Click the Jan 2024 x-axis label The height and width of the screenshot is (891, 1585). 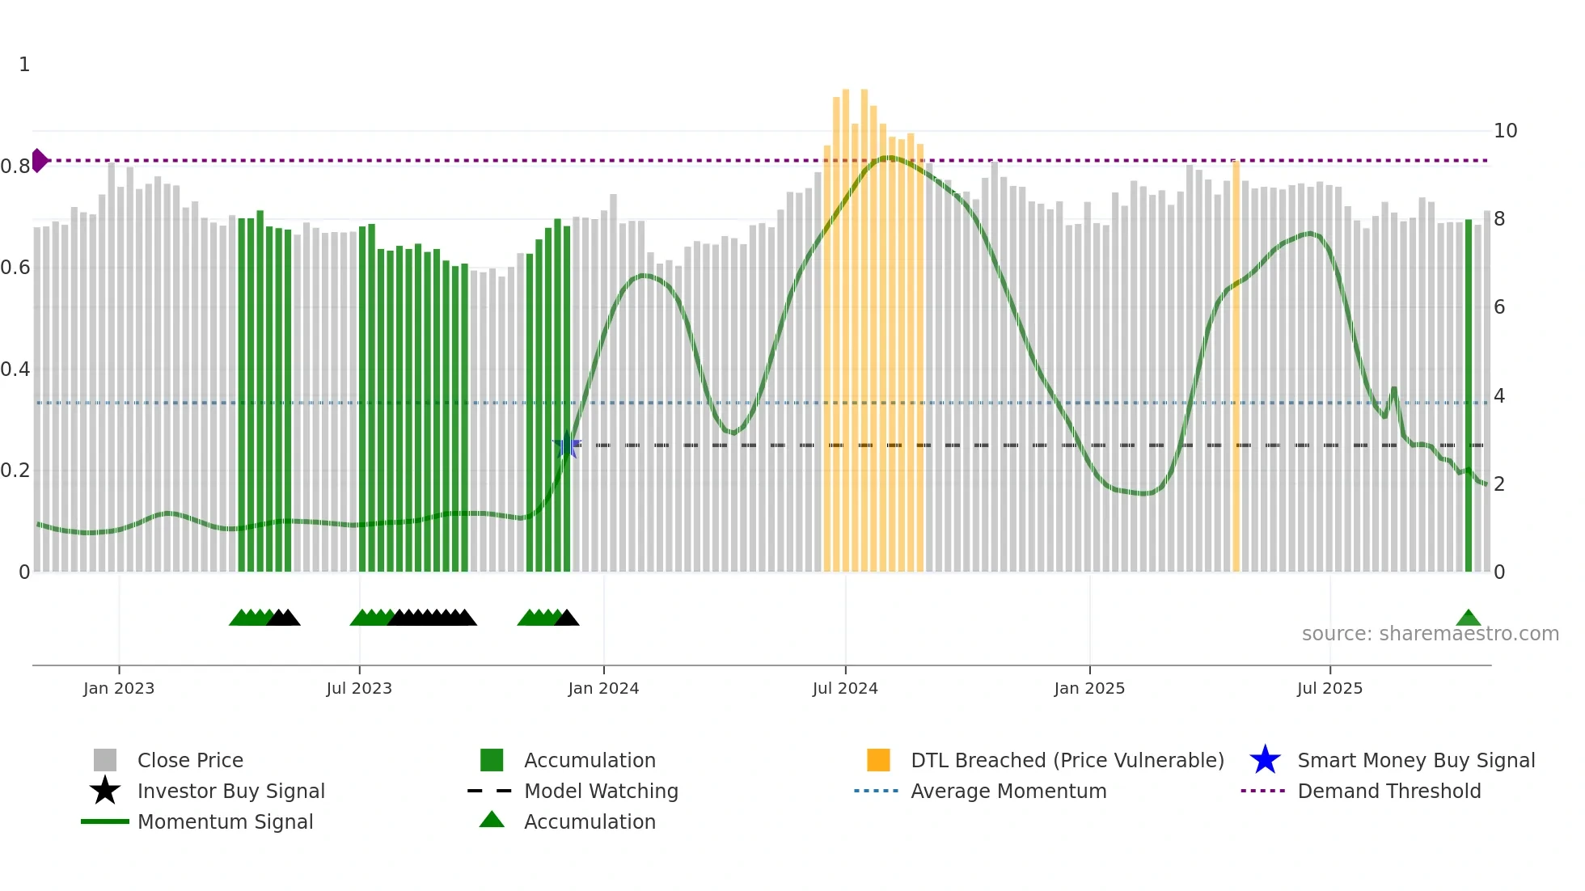point(603,688)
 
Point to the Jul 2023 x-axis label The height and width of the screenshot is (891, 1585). point(359,688)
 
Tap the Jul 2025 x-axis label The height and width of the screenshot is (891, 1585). point(1329,688)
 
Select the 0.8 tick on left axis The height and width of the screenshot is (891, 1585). point(15,167)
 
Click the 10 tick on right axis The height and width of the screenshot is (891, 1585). point(1505,131)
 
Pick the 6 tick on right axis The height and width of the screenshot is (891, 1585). point(1498,307)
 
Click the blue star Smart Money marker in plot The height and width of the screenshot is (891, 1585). point(567,445)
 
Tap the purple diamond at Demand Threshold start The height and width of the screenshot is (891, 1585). point(39,161)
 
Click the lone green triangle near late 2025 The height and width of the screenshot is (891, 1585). point(1468,619)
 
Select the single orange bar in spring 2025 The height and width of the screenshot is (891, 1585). point(1236,364)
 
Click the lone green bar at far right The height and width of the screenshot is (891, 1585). point(1469,396)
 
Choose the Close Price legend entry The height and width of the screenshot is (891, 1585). point(190,760)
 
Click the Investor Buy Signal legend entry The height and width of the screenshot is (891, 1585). point(230,791)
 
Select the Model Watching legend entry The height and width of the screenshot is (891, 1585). point(600,791)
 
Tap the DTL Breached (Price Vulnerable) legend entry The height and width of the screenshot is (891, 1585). point(1067,760)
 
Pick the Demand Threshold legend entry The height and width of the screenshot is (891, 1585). point(1388,791)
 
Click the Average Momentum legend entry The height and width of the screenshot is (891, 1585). point(1008,791)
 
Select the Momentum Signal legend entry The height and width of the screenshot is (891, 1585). point(225,821)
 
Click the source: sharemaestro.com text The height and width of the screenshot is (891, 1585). point(1430,634)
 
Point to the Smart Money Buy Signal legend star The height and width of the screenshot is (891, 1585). point(1265,760)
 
